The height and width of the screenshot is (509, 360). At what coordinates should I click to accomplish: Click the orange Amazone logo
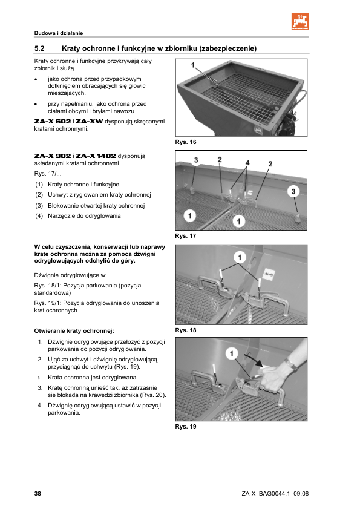[300, 21]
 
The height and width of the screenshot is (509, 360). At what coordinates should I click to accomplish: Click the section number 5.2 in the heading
[39, 48]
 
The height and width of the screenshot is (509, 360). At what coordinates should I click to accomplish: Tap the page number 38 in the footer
[38, 494]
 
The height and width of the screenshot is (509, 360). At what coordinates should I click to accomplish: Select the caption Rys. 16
[186, 142]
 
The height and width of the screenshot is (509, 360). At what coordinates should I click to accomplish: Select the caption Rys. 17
[186, 236]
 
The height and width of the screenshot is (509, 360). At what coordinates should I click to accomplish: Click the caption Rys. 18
[186, 330]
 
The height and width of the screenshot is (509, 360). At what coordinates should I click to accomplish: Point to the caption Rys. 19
[186, 427]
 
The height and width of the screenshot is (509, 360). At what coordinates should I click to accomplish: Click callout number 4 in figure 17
[247, 163]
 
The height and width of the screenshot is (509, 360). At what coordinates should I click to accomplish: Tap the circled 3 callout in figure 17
[293, 191]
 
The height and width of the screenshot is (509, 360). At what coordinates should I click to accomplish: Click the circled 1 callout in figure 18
[240, 258]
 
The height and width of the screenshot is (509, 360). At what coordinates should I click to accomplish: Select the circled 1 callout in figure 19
[232, 353]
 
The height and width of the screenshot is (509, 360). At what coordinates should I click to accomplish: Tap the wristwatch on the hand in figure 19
[290, 364]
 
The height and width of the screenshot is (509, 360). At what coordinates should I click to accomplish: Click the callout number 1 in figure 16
[193, 65]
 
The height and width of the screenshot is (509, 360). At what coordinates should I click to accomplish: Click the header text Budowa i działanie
[59, 33]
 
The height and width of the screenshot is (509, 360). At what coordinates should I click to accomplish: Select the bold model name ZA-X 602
[53, 122]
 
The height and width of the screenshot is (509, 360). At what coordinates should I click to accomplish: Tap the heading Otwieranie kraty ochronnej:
[74, 331]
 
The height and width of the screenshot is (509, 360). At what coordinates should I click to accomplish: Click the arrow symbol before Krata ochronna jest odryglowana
[38, 378]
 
